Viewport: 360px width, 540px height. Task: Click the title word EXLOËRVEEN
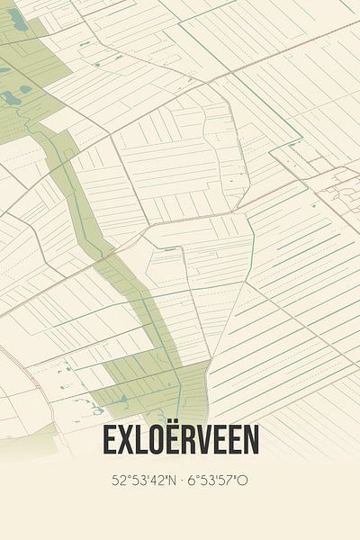click(180, 440)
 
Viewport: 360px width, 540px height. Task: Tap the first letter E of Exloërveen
click(110, 440)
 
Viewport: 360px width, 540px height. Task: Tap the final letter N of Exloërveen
click(251, 440)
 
